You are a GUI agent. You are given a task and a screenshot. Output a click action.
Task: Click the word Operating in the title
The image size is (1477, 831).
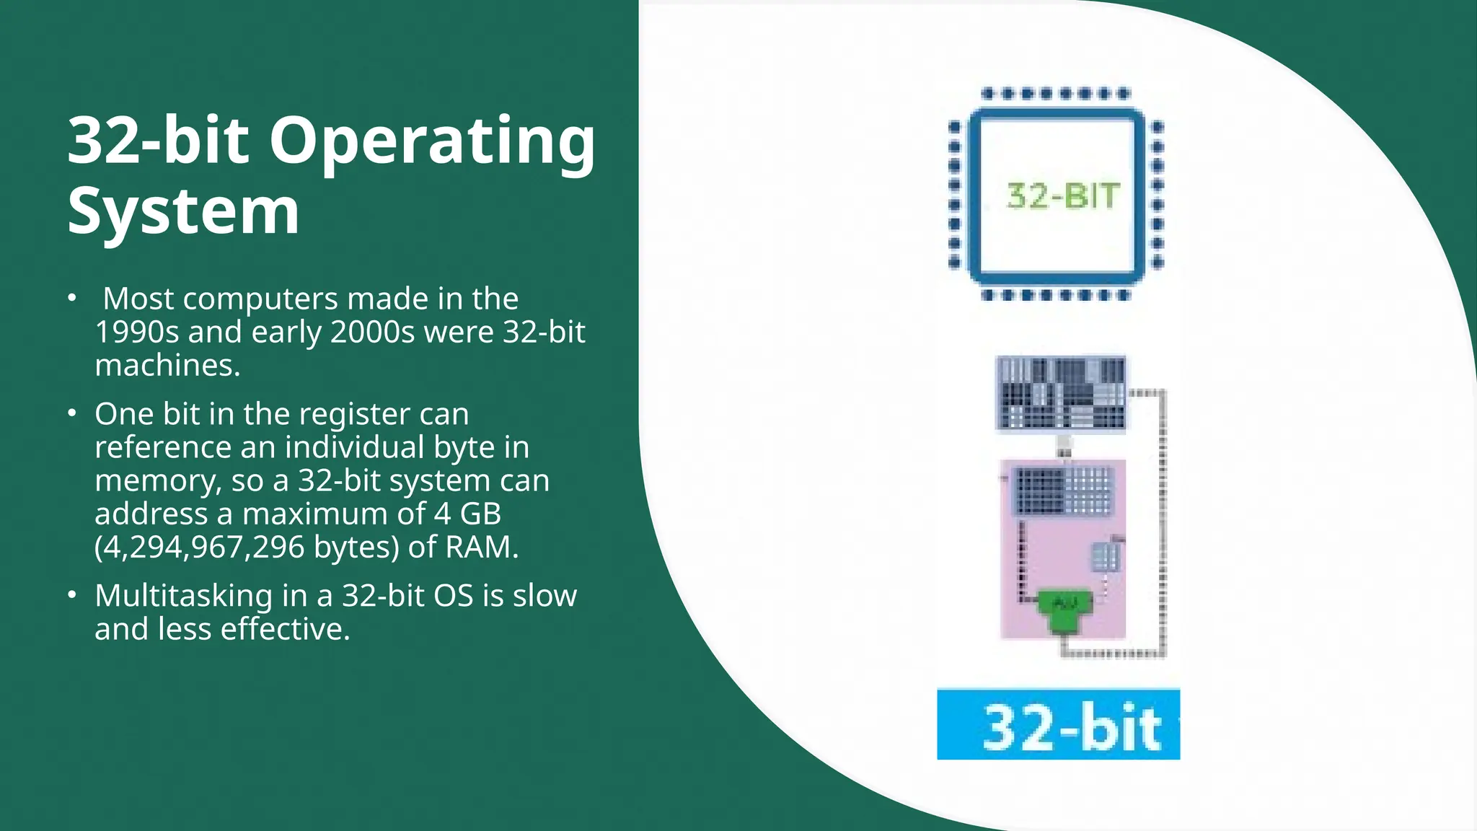[x=432, y=141]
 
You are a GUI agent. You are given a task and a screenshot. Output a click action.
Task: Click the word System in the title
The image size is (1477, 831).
[x=183, y=211]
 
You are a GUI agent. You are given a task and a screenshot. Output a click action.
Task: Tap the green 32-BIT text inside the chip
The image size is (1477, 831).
[x=1063, y=196]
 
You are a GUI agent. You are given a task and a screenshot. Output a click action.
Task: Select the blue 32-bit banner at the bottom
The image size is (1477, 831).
[x=1058, y=724]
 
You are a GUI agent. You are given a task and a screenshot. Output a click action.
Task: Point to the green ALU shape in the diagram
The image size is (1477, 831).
[x=1064, y=610]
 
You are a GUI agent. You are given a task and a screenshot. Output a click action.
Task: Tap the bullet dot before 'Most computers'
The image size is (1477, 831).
[x=71, y=298]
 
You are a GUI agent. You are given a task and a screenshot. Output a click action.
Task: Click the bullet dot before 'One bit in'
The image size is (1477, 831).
[x=71, y=413]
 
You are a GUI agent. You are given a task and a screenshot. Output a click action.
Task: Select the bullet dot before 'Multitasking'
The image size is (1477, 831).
[x=71, y=595]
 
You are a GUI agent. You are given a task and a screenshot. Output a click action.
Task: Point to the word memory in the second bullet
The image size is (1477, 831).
[x=156, y=480]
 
